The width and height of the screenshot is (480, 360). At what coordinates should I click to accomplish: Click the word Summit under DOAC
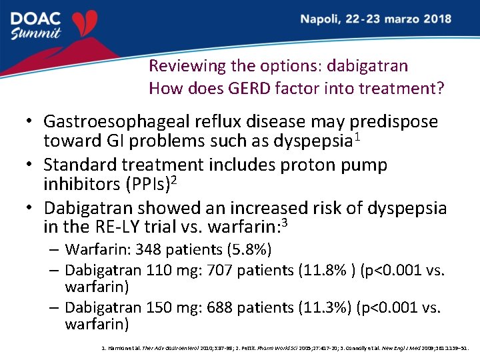tap(36, 33)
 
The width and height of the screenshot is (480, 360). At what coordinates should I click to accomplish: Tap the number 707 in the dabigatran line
tap(220, 270)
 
